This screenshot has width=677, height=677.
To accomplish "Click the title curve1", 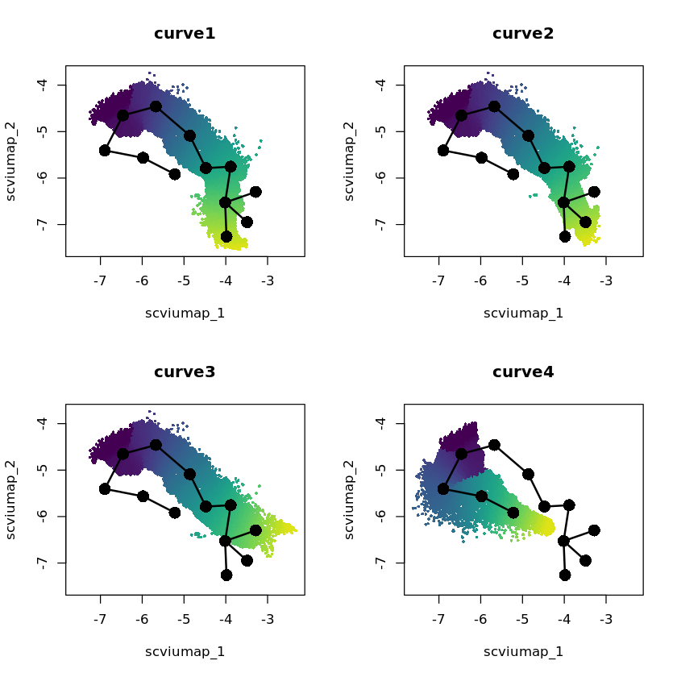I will [185, 34].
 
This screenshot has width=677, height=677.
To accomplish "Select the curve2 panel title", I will [523, 34].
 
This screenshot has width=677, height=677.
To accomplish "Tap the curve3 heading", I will [185, 372].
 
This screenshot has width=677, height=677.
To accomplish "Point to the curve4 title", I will [523, 372].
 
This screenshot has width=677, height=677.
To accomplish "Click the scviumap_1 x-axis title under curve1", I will [185, 313].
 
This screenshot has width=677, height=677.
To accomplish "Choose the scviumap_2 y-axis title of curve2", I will [349, 161].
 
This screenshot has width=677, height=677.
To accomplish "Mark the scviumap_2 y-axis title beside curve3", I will [10, 500].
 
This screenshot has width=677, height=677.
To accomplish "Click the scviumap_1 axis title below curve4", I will [523, 651].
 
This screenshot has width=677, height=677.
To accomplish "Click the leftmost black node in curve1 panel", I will [105, 151].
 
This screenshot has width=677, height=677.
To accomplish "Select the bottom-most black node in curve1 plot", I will [226, 236].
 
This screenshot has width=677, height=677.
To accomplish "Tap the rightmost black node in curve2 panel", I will [594, 192].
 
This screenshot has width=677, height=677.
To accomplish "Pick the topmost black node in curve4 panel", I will [494, 445].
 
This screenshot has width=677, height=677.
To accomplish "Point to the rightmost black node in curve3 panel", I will [255, 530].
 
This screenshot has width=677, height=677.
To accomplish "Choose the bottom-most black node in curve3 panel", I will [226, 575].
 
